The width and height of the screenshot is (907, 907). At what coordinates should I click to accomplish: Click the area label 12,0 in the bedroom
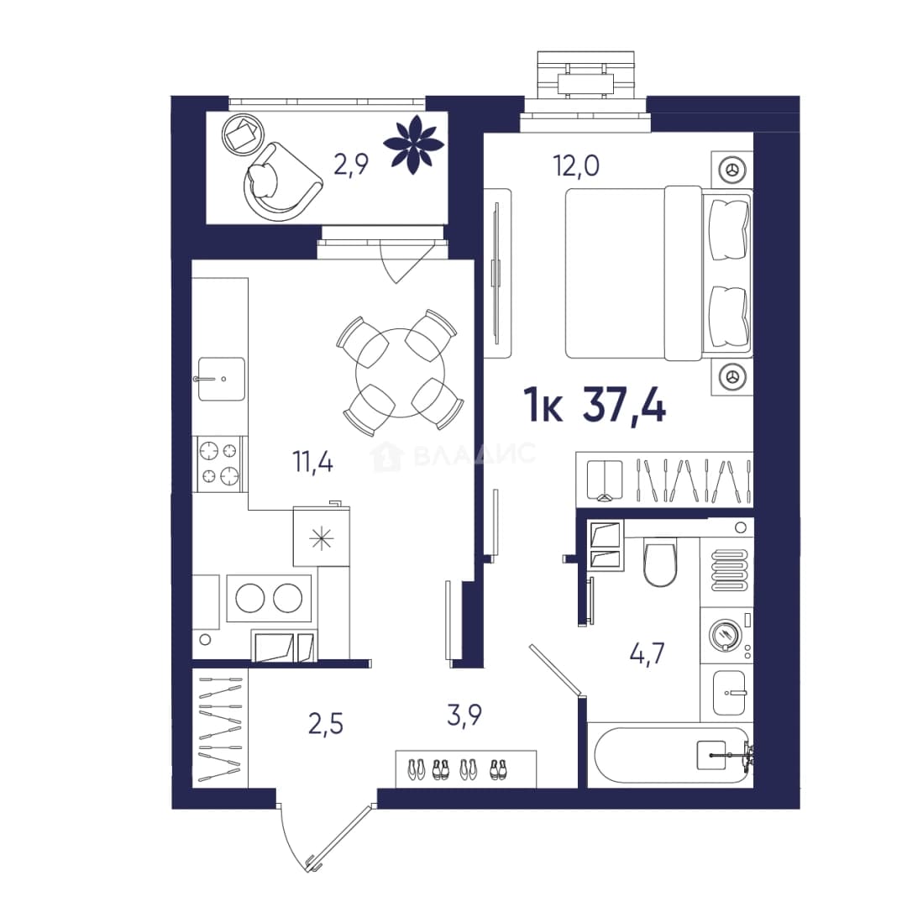pyautogui.click(x=576, y=166)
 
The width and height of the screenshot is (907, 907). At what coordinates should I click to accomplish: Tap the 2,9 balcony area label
pyautogui.click(x=351, y=165)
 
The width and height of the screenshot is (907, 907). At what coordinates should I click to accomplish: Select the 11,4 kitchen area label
pyautogui.click(x=313, y=462)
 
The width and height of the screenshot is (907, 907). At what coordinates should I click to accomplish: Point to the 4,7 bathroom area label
pyautogui.click(x=647, y=653)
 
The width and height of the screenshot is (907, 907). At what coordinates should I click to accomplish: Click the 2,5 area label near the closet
pyautogui.click(x=326, y=724)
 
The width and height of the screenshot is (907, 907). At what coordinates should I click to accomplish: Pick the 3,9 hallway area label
pyautogui.click(x=464, y=715)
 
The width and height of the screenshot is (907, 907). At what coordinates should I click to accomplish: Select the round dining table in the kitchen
pyautogui.click(x=401, y=373)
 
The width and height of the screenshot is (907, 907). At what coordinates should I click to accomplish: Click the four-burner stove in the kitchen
pyautogui.click(x=219, y=464)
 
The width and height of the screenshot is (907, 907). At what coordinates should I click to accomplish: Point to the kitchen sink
pyautogui.click(x=222, y=379)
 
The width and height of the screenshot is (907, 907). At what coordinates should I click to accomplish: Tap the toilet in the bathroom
pyautogui.click(x=660, y=561)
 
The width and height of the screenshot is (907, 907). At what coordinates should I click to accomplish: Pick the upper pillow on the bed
pyautogui.click(x=728, y=229)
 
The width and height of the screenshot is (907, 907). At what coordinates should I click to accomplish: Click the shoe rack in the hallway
pyautogui.click(x=465, y=768)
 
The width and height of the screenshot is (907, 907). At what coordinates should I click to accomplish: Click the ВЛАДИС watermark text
pyautogui.click(x=474, y=455)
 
